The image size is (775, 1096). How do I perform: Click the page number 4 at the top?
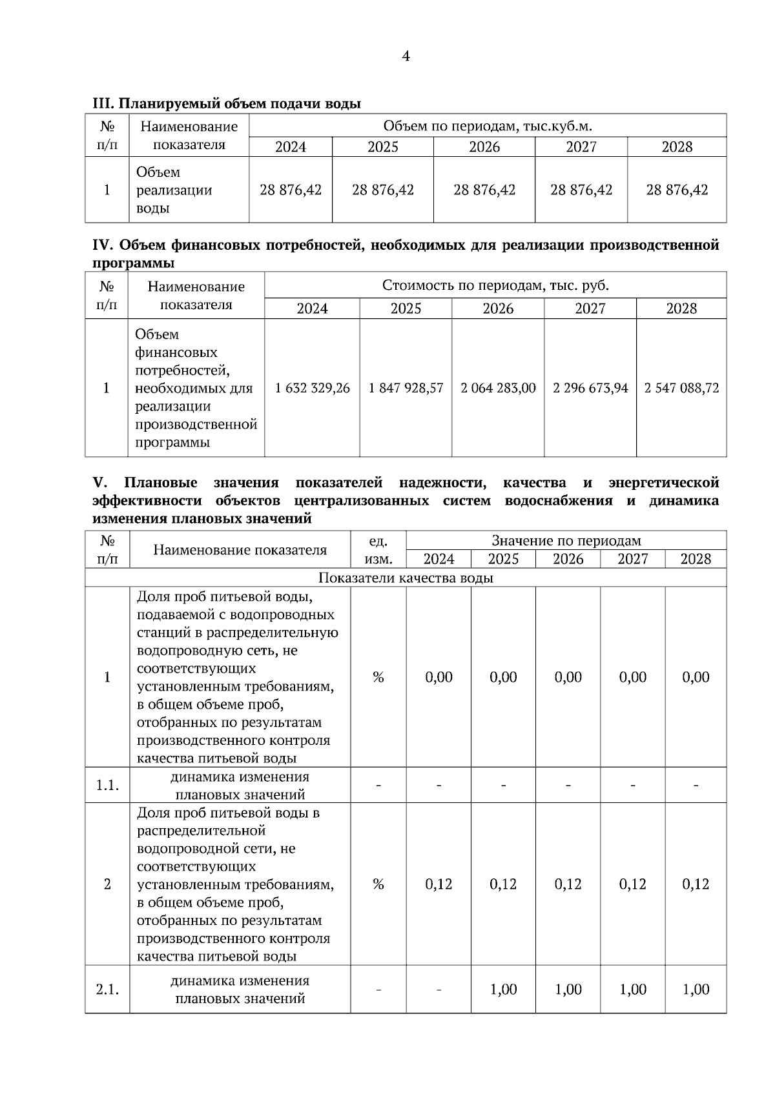click(x=406, y=56)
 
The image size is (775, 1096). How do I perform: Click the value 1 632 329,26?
click(x=312, y=388)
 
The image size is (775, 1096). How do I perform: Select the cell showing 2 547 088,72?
click(x=681, y=388)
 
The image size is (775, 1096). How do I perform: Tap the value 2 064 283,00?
click(x=498, y=388)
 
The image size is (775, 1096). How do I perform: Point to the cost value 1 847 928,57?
click(x=406, y=388)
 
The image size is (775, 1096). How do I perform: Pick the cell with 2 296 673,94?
click(x=590, y=388)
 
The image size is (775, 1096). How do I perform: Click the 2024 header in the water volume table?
click(x=291, y=147)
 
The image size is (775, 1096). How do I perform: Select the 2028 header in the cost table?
click(x=681, y=309)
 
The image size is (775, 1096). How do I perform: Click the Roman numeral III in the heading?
click(x=103, y=103)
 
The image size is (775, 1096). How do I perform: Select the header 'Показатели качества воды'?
click(x=406, y=578)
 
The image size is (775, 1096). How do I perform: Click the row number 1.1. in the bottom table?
click(x=107, y=786)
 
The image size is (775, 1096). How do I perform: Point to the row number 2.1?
click(x=107, y=989)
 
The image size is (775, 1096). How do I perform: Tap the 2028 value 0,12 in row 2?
click(x=696, y=884)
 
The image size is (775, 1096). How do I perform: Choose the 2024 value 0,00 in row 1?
click(x=439, y=677)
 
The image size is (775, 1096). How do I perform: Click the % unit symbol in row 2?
click(x=378, y=884)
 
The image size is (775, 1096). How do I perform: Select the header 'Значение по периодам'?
click(x=566, y=541)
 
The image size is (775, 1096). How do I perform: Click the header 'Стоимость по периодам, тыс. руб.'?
click(x=495, y=285)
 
